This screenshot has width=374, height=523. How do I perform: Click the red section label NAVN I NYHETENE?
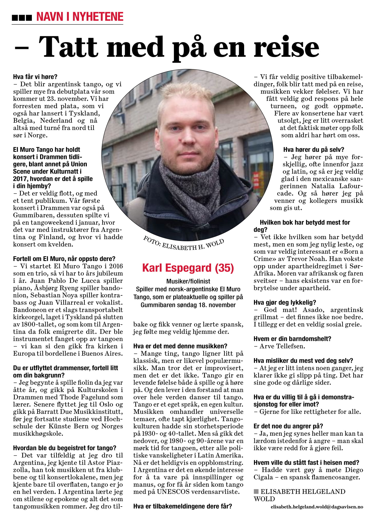click(x=80, y=17)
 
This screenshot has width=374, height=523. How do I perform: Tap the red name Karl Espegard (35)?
click(x=188, y=268)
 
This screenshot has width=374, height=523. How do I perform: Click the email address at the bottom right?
click(x=317, y=507)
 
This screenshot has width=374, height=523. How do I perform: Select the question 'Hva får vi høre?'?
click(x=35, y=77)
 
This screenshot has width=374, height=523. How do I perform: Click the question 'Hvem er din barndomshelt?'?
click(x=292, y=339)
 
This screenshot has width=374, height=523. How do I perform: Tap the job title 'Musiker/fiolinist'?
click(x=188, y=281)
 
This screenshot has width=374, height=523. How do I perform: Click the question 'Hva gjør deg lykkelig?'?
click(x=285, y=302)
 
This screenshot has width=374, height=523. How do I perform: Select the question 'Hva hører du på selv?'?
click(x=313, y=150)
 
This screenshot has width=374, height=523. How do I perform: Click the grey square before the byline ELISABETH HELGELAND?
click(x=256, y=491)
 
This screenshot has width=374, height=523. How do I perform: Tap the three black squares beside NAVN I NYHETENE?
click(x=22, y=18)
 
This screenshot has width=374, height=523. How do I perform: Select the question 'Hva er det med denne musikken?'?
click(x=180, y=346)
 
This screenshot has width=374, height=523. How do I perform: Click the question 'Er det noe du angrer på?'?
click(x=288, y=426)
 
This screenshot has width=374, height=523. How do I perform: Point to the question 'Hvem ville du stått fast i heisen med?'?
click(x=306, y=463)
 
